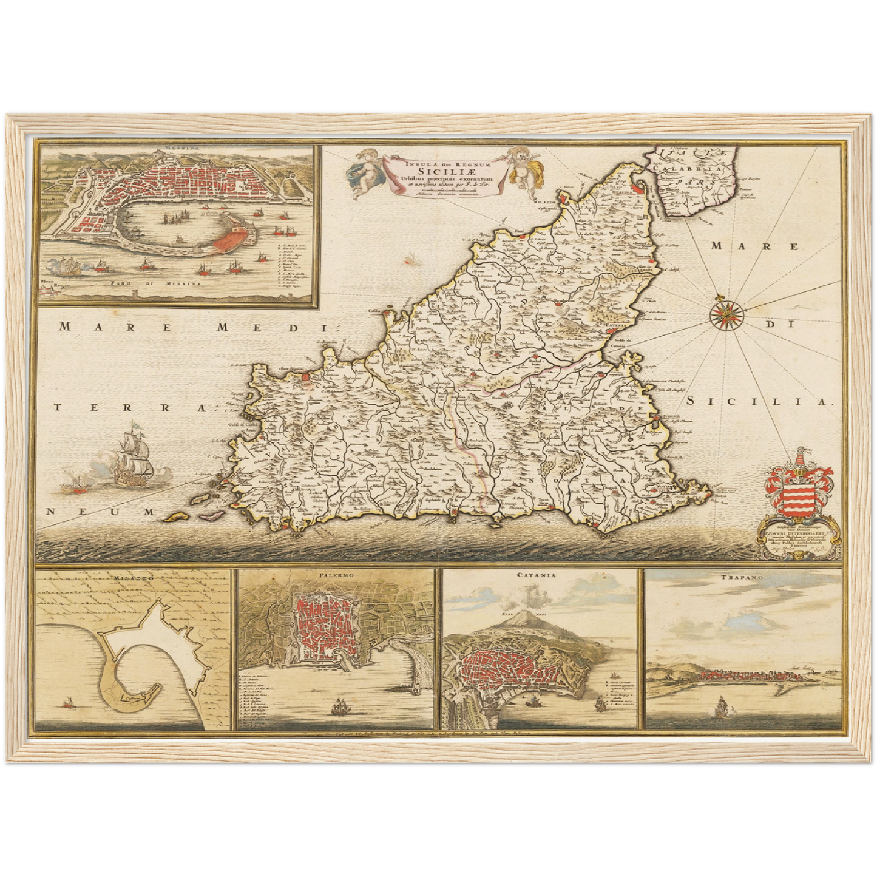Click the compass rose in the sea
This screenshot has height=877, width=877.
pyautogui.click(x=724, y=313)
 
